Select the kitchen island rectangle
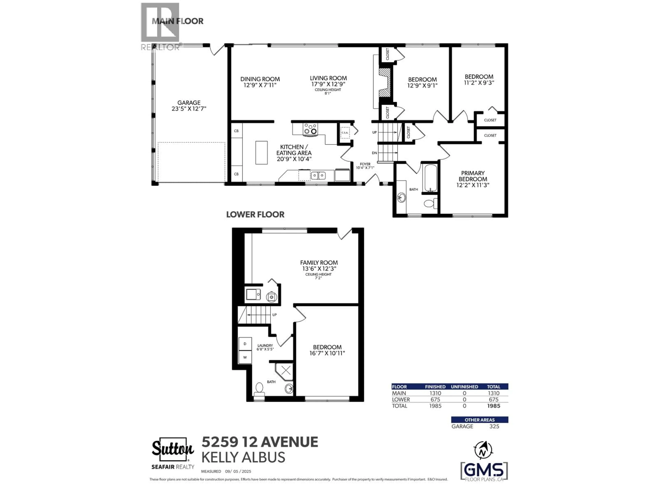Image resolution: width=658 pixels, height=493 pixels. coord(261,153)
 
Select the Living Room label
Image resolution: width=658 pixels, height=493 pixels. coord(328,78)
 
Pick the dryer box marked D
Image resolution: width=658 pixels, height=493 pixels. coord(245,344)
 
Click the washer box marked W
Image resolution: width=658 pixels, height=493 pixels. coord(245,357)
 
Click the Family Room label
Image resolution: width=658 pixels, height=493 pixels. coord(319,263)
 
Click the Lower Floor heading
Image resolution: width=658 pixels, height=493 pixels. coord(255,214)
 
